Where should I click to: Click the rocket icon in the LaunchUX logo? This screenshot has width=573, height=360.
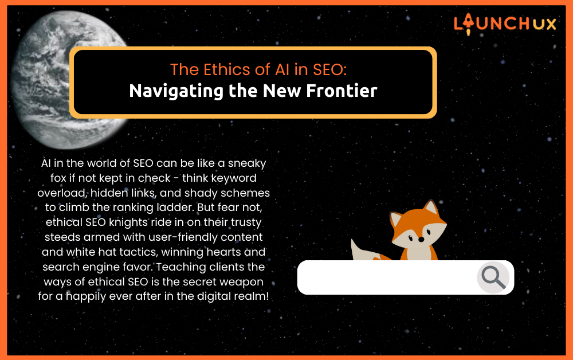tap(468, 24)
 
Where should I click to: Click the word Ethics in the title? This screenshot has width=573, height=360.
tap(237, 69)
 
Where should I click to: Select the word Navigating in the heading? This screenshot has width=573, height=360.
tap(176, 91)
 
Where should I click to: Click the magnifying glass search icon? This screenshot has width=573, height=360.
tap(493, 277)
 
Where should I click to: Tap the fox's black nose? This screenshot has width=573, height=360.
tap(421, 240)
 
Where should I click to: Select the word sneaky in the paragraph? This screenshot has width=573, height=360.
tap(247, 163)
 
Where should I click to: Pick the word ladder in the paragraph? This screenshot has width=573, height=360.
tap(175, 207)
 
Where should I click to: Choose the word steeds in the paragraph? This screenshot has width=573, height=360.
tap(62, 237)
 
